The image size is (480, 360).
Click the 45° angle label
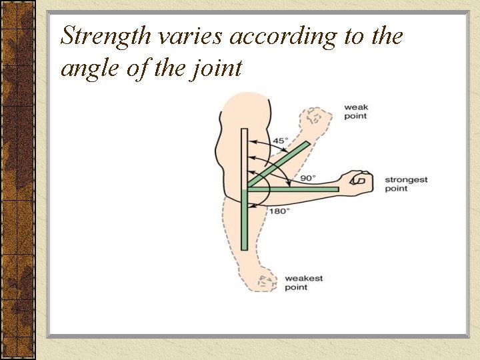(280, 141)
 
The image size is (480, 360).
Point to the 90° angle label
(307, 178)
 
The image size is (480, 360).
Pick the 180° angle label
(279, 211)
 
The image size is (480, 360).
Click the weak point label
(355, 111)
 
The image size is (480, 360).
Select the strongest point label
(406, 184)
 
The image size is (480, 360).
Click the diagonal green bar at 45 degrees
(280, 163)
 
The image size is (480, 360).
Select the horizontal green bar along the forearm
(293, 189)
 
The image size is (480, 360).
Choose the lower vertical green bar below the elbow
(245, 220)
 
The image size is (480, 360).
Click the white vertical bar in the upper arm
(245, 157)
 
